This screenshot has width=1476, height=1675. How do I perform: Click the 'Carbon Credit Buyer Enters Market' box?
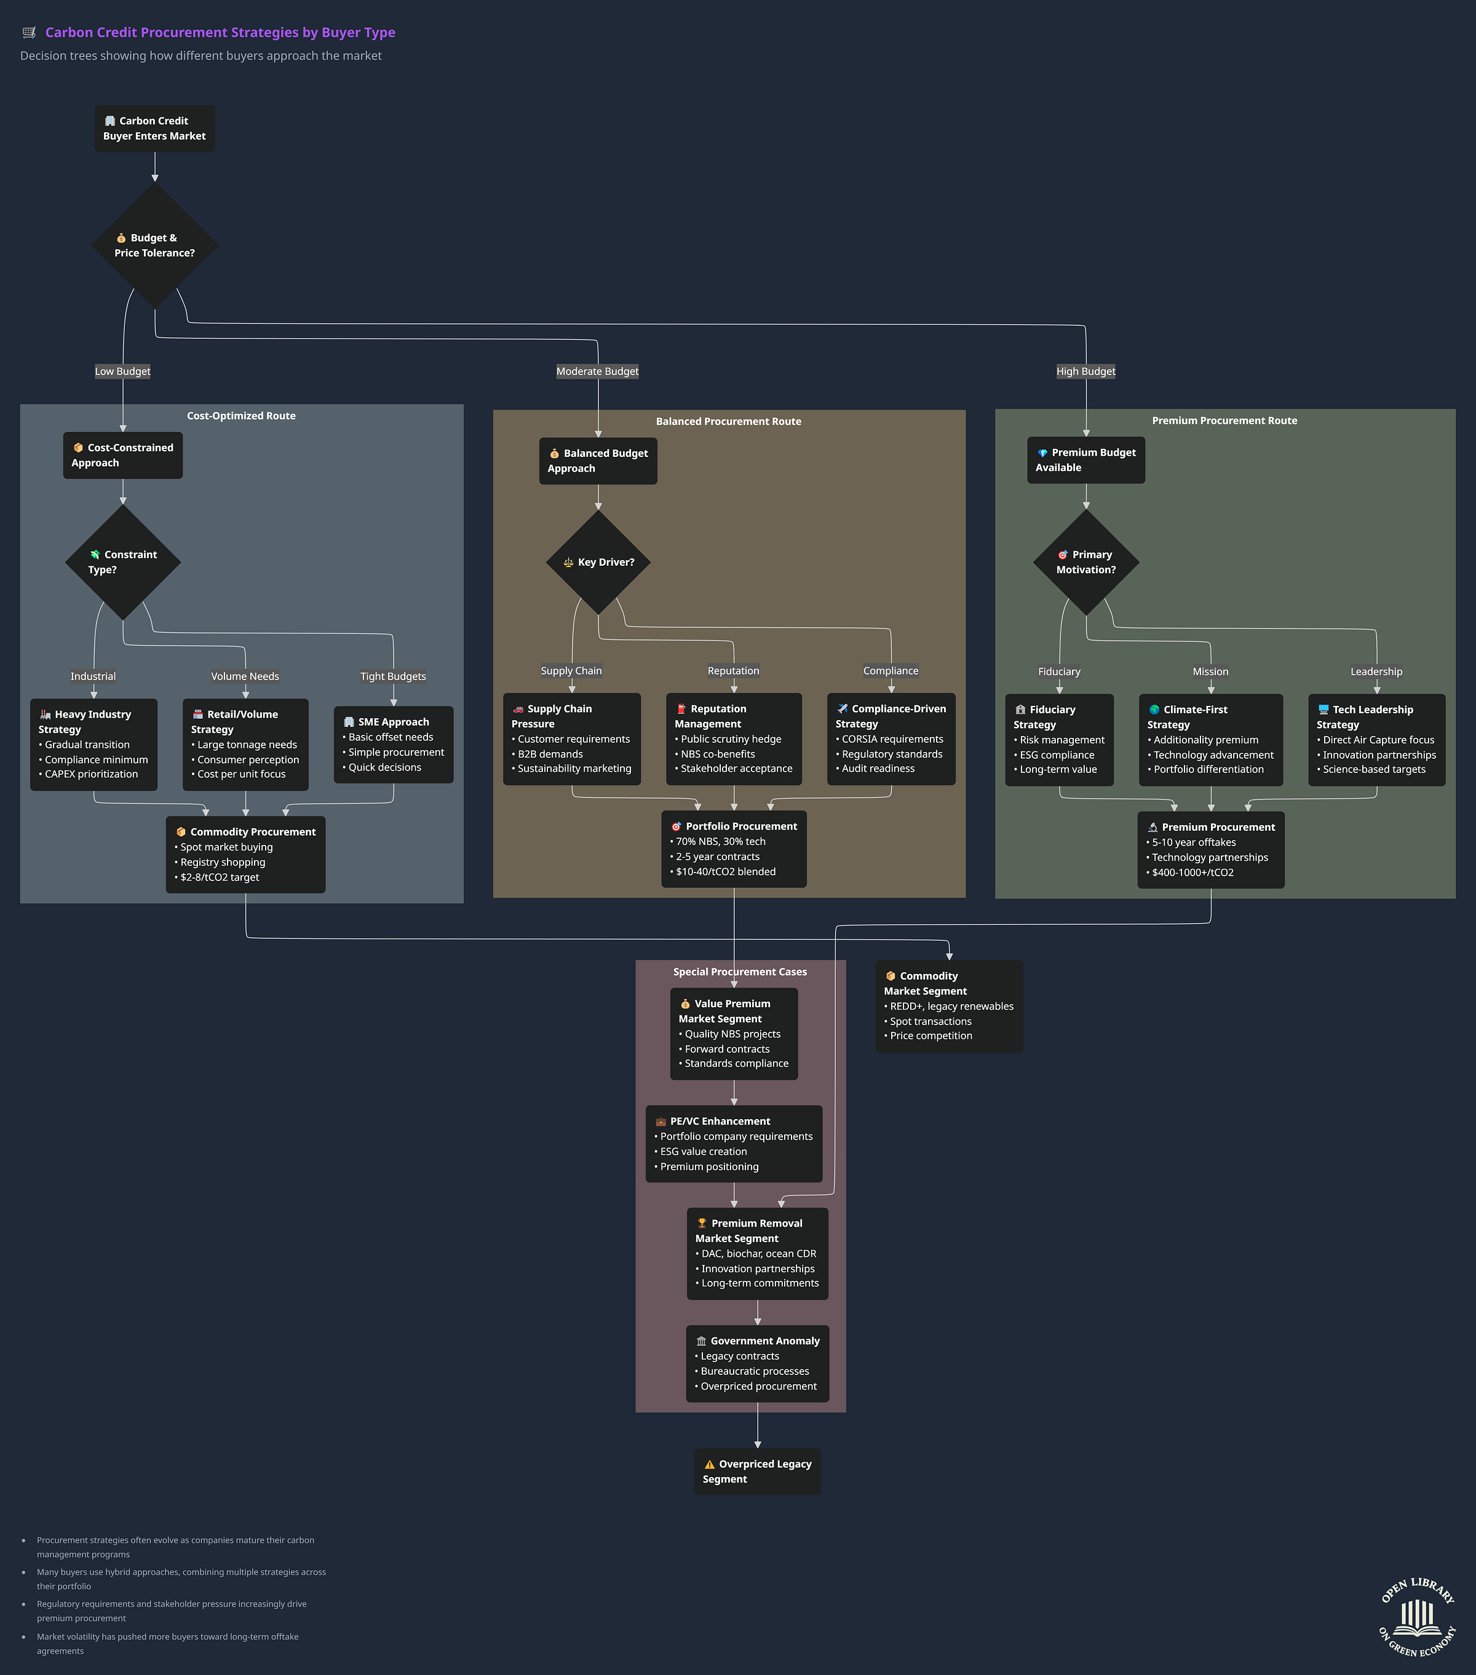[x=154, y=129]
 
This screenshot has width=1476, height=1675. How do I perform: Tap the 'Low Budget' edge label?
[x=123, y=371]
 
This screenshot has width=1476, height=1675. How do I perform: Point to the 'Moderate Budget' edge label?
[x=597, y=371]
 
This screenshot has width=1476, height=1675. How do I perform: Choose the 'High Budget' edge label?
[x=1086, y=371]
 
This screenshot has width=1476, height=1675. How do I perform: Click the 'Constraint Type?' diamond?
[x=123, y=562]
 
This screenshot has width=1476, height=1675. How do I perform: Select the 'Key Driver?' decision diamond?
[x=598, y=562]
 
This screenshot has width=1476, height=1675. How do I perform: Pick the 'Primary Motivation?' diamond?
[x=1086, y=562]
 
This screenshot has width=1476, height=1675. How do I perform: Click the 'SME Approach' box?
[x=394, y=744]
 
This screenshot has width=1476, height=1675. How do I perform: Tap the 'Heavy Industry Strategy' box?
[x=93, y=744]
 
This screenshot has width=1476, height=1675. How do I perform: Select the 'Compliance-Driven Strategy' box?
[x=891, y=739]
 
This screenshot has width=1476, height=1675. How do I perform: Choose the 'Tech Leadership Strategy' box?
[x=1376, y=739]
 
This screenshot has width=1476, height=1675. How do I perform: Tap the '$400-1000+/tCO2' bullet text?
[x=1193, y=873]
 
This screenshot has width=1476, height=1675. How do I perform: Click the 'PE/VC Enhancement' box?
[x=734, y=1143]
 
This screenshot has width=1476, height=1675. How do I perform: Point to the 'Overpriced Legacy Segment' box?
[x=757, y=1471]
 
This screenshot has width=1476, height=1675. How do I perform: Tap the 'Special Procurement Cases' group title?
[x=740, y=972]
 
